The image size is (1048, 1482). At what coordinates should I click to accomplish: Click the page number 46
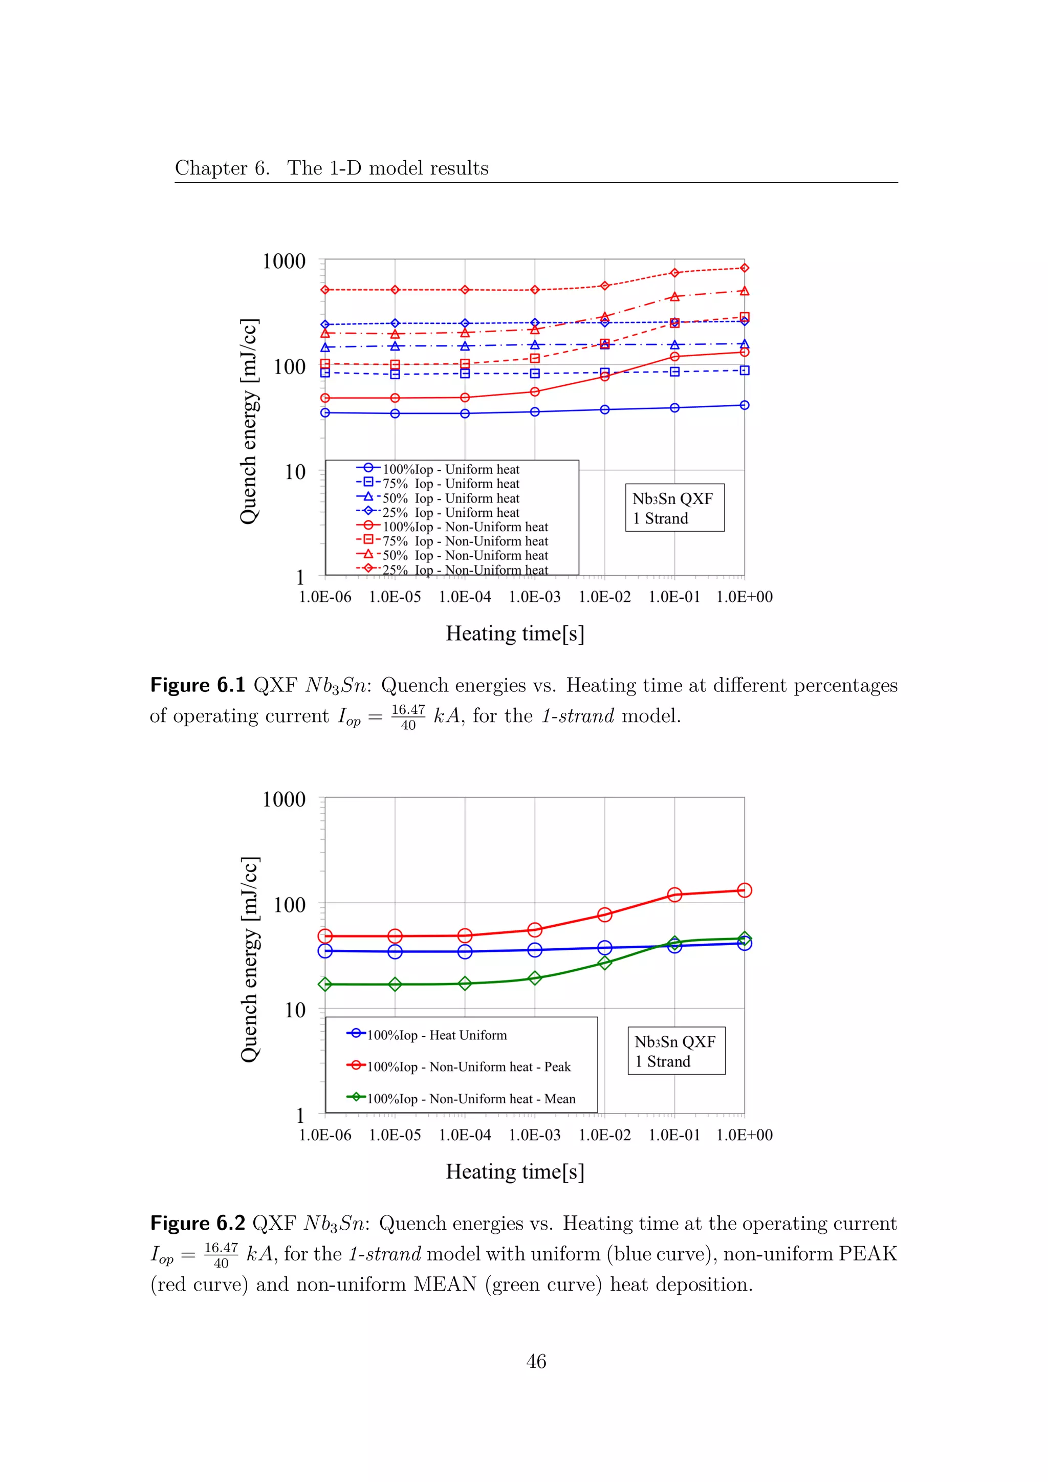(536, 1361)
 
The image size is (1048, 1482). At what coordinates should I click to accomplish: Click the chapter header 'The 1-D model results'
(388, 168)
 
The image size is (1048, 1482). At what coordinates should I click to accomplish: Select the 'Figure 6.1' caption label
(198, 686)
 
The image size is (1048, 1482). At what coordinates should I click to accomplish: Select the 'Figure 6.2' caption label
(198, 1223)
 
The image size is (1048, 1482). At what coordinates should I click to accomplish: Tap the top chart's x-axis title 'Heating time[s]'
(515, 633)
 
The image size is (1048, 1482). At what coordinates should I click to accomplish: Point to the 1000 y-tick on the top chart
(284, 261)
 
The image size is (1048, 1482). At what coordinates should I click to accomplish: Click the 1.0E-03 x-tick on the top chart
(534, 597)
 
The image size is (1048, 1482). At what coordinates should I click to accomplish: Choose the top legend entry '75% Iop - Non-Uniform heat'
(465, 541)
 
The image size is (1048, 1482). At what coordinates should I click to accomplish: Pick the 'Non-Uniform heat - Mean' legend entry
(471, 1099)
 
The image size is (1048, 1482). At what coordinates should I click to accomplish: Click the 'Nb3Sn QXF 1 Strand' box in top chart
(674, 508)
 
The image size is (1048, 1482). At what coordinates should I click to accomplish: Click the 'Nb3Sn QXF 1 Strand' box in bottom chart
(676, 1051)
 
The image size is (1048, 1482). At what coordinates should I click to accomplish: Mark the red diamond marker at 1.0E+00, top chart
(744, 268)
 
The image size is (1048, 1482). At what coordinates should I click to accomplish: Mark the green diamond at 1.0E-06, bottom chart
(325, 985)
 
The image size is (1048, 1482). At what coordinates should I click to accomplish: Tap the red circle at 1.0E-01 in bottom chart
(674, 895)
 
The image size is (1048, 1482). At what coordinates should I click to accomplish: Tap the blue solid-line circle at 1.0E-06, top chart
(325, 412)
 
